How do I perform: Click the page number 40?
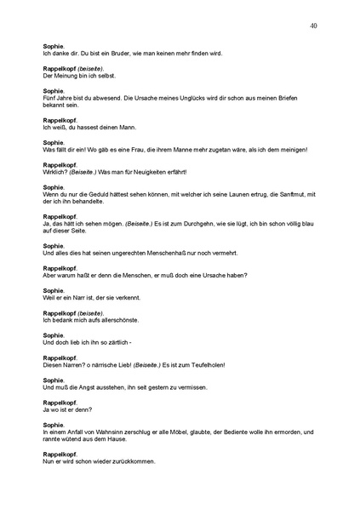pyautogui.click(x=314, y=26)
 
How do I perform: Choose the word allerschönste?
pyautogui.click(x=118, y=329)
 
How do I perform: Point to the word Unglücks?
pyautogui.click(x=184, y=99)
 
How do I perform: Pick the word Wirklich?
pyautogui.click(x=56, y=173)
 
